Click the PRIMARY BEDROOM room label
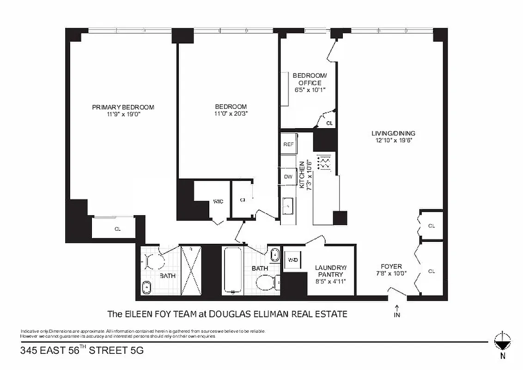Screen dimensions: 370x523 tap(123, 107)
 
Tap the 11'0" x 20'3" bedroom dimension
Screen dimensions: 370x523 tap(231, 114)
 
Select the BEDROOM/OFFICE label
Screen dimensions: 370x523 tap(310, 79)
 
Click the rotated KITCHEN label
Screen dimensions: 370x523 tap(303, 175)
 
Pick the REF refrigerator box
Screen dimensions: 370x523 tap(289, 144)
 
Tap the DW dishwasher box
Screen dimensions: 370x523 tap(288, 177)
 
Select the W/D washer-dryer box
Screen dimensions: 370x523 tap(293, 260)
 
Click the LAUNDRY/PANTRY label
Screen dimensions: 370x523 tap(330, 271)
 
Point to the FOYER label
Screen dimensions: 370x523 tap(391, 266)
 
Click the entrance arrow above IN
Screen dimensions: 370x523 tap(397, 307)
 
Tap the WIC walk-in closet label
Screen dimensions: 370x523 tap(218, 202)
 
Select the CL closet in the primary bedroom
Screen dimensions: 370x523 tap(117, 229)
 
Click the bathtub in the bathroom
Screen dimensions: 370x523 tap(233, 271)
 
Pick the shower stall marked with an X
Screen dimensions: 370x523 tap(191, 271)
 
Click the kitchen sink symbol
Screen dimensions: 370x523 tap(288, 204)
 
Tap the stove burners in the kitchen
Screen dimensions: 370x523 tap(326, 162)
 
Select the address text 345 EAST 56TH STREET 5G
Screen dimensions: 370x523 tap(82, 351)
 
